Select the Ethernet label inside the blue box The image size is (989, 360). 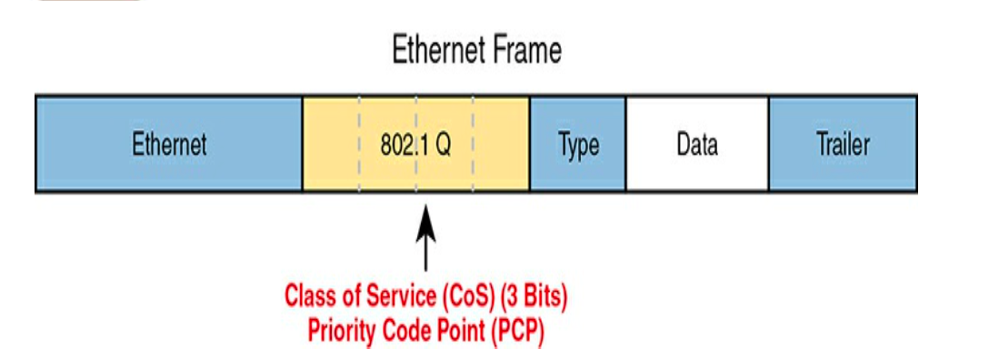point(169,145)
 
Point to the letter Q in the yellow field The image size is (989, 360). point(444,145)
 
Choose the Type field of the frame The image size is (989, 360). point(578,145)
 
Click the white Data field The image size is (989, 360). point(697,145)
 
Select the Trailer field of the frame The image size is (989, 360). point(844,145)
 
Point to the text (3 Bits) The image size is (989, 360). point(533,296)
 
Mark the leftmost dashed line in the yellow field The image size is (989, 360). point(359,145)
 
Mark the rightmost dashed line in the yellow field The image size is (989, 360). point(473,145)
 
